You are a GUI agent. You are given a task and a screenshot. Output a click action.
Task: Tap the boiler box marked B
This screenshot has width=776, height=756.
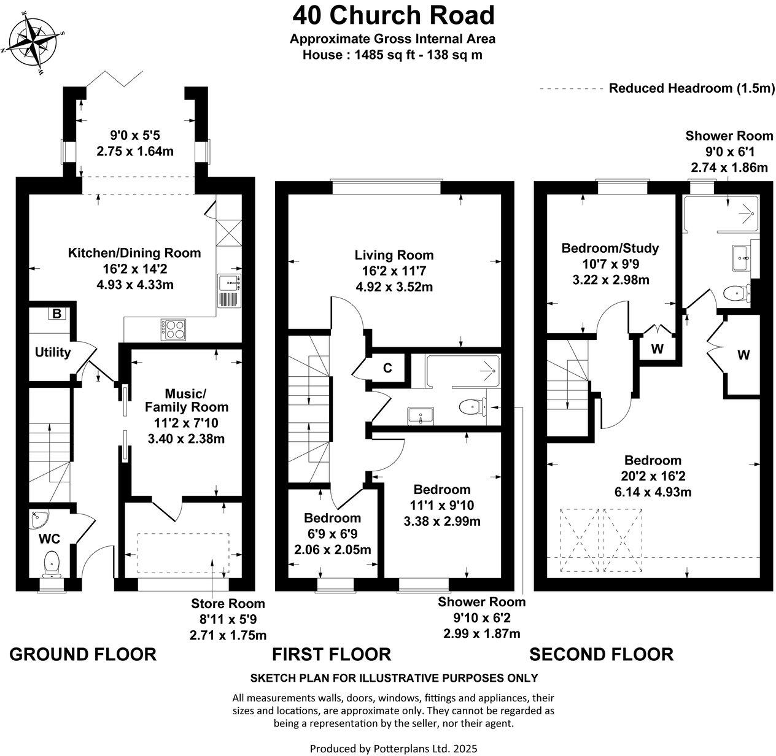[56, 314]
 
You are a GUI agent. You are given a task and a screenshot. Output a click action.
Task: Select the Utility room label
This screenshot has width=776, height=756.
[53, 353]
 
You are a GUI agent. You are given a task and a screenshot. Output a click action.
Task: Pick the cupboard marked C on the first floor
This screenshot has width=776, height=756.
[387, 368]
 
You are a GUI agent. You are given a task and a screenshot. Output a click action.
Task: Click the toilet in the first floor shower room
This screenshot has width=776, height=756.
[471, 406]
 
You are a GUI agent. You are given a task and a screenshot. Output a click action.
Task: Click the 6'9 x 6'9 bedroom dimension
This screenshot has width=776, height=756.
[332, 534]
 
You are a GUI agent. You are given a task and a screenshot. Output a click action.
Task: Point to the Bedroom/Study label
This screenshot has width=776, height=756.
[610, 248]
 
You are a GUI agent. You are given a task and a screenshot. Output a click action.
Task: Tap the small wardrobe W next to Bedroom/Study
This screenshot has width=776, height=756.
[657, 349]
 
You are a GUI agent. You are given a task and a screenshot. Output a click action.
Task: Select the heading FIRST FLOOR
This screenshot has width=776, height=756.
[332, 654]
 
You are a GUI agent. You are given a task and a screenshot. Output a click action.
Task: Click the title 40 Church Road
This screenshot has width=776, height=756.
[393, 15]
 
